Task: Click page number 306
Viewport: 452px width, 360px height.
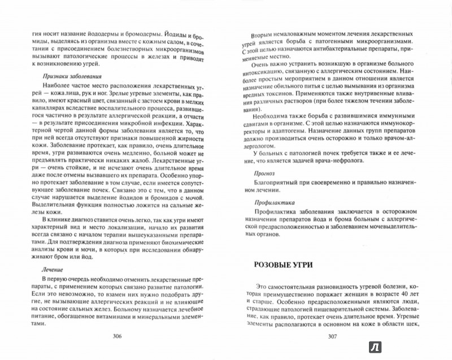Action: click(117, 336)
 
